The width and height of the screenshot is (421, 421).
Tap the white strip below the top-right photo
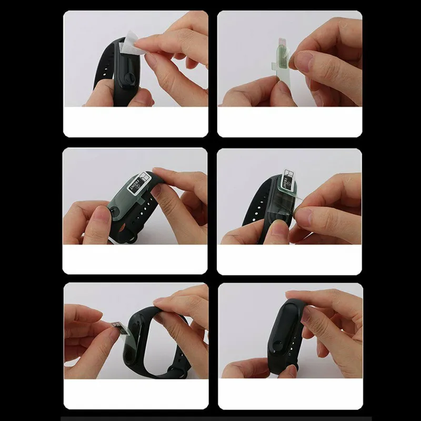point(289,122)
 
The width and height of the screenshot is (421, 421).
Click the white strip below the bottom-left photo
point(135,394)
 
